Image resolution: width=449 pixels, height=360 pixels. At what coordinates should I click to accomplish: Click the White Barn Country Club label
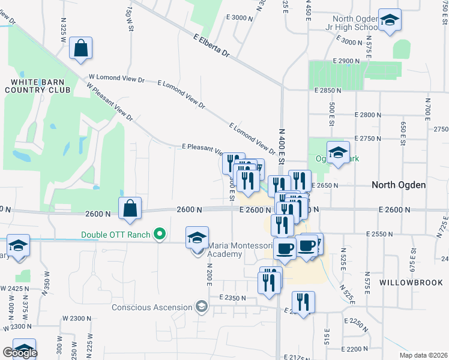37,85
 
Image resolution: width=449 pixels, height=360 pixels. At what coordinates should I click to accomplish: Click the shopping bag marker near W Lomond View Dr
80,49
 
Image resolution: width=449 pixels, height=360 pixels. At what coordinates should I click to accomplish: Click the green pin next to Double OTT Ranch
159,233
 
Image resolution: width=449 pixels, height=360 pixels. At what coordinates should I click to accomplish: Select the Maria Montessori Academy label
225,250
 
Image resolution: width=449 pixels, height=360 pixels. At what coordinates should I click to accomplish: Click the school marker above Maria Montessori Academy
197,238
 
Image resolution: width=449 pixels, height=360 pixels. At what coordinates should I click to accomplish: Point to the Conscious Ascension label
152,308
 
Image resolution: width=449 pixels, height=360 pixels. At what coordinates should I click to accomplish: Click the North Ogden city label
399,185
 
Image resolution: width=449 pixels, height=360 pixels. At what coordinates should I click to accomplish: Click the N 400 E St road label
282,149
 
